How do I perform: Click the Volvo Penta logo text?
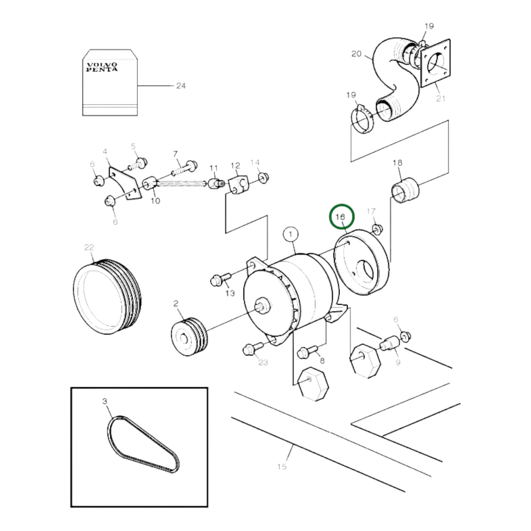click(102, 67)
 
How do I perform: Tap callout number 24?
click(181, 86)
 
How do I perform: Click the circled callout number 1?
click(291, 234)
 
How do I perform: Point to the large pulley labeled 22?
click(107, 296)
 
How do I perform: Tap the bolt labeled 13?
click(219, 279)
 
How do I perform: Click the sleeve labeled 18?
click(404, 190)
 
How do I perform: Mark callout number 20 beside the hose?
click(356, 54)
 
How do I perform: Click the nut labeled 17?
click(377, 229)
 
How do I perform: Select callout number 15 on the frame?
click(282, 467)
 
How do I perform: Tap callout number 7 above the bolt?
click(175, 154)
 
